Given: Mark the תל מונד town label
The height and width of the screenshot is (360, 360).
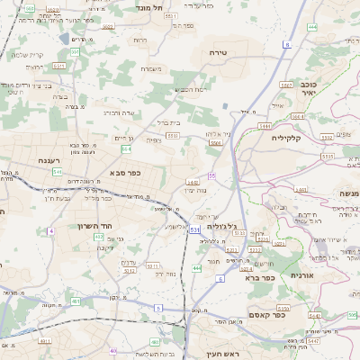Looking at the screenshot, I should [149, 7].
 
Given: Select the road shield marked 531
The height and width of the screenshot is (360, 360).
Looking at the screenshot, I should [195, 230].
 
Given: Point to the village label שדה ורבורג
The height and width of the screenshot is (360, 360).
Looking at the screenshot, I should [118, 113].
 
